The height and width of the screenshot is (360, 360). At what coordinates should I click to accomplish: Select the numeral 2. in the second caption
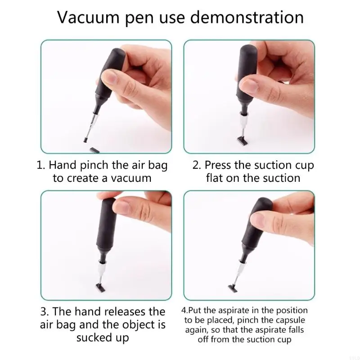(197, 165)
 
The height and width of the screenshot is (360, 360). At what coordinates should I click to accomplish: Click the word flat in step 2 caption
(218, 178)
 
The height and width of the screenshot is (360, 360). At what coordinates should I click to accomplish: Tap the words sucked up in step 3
(103, 337)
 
